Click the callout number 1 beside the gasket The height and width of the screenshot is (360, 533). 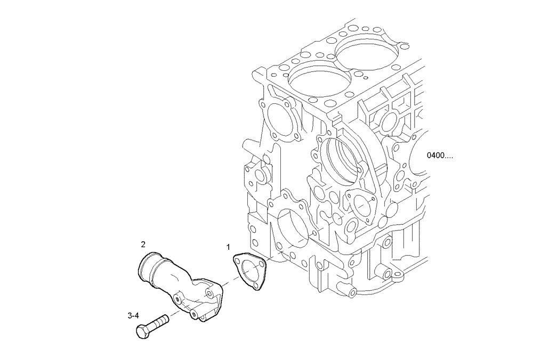[x=228, y=247]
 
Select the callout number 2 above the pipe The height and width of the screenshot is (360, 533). [x=143, y=244]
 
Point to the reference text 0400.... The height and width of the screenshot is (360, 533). [x=440, y=156]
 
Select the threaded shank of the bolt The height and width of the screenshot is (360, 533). [x=160, y=322]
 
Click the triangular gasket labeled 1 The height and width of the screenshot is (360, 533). [x=251, y=272]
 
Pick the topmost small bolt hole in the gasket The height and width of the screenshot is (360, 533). [x=238, y=259]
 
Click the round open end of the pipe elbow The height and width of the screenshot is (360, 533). [x=147, y=265]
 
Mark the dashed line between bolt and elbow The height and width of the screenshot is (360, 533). [x=176, y=316]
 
